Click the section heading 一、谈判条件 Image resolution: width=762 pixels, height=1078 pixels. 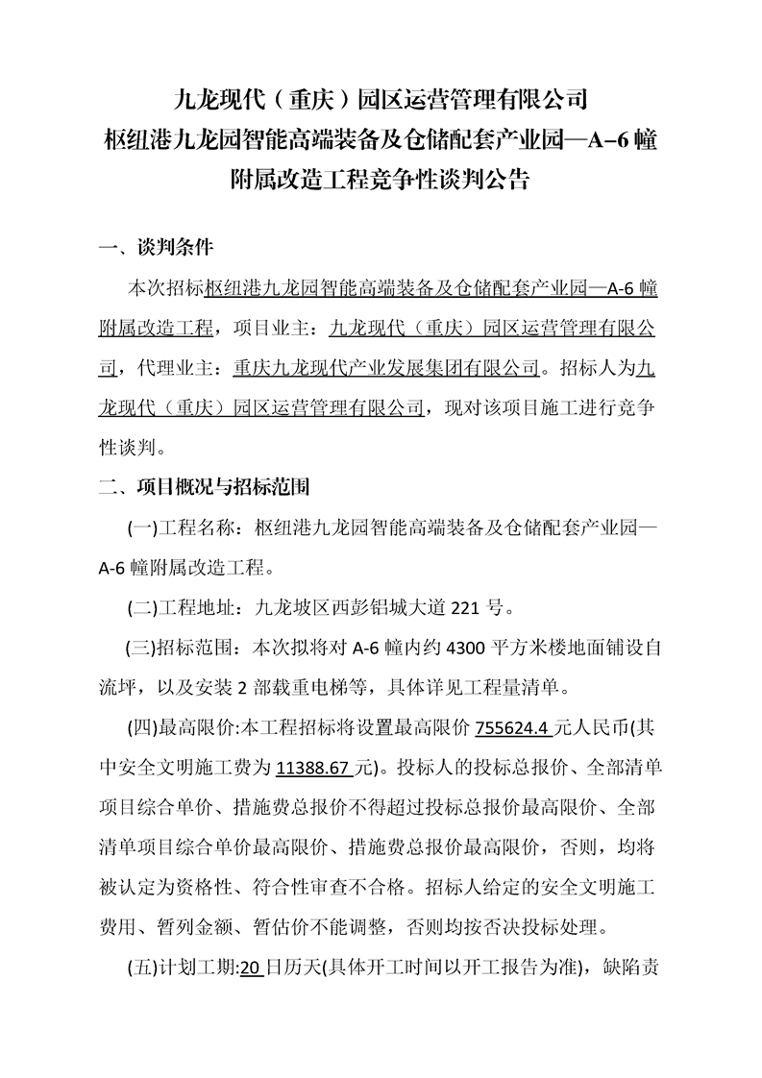[156, 249]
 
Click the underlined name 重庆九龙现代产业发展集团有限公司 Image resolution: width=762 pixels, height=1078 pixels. [387, 367]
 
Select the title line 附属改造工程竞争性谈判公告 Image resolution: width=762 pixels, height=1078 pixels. [381, 179]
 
